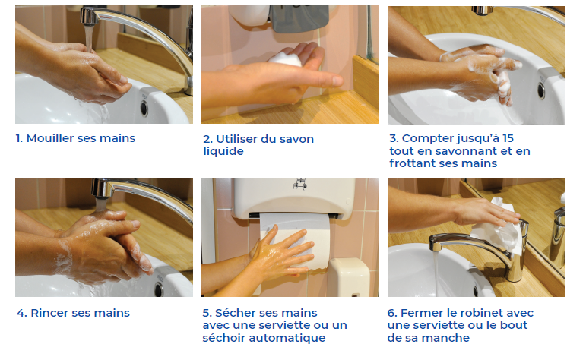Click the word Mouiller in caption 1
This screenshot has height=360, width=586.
point(52,138)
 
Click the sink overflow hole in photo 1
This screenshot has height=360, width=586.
point(144,108)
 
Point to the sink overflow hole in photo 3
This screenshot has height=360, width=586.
point(540,90)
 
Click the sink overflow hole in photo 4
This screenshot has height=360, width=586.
point(159,289)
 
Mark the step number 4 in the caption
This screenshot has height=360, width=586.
point(20,313)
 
